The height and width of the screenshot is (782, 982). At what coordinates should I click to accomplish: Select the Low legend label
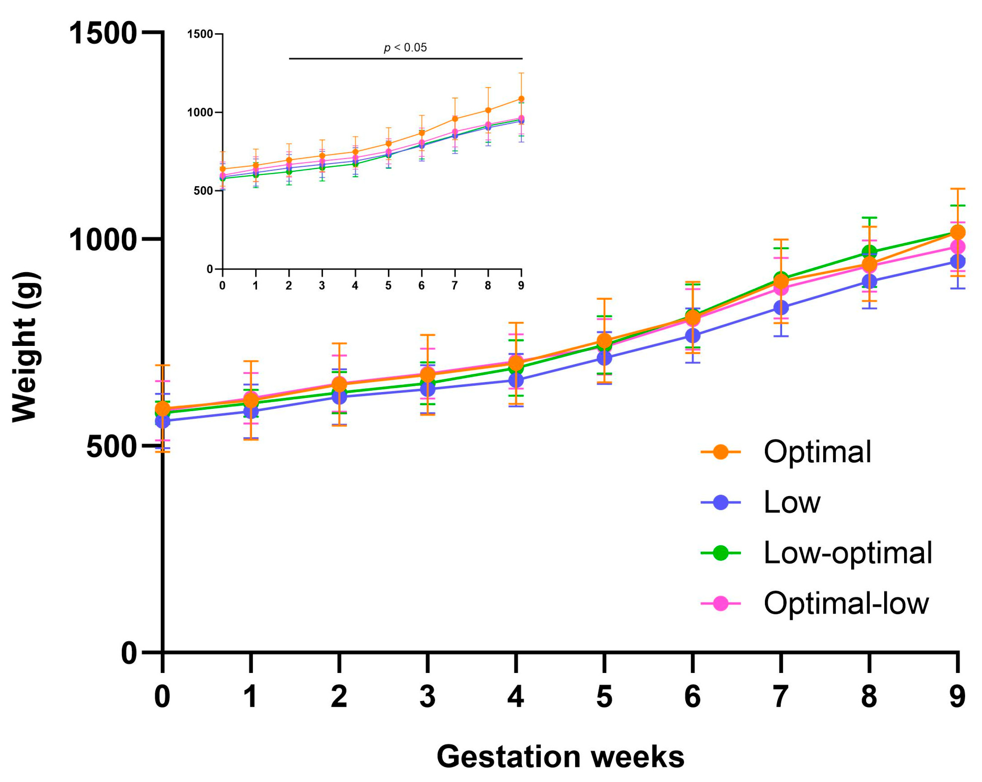click(x=792, y=502)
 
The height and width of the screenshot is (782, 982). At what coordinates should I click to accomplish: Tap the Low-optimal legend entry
click(x=847, y=553)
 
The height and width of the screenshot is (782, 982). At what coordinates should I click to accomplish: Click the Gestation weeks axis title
click(x=560, y=757)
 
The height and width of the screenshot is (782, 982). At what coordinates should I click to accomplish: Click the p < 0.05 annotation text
click(x=405, y=47)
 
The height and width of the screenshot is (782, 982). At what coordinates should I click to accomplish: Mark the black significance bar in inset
click(x=406, y=59)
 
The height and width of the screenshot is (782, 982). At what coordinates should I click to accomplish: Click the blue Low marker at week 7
click(x=781, y=307)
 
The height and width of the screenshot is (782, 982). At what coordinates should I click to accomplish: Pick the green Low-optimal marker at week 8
click(x=869, y=252)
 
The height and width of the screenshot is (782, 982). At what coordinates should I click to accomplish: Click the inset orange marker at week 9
click(x=521, y=99)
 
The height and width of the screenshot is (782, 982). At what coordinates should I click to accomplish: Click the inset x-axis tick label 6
click(x=422, y=286)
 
